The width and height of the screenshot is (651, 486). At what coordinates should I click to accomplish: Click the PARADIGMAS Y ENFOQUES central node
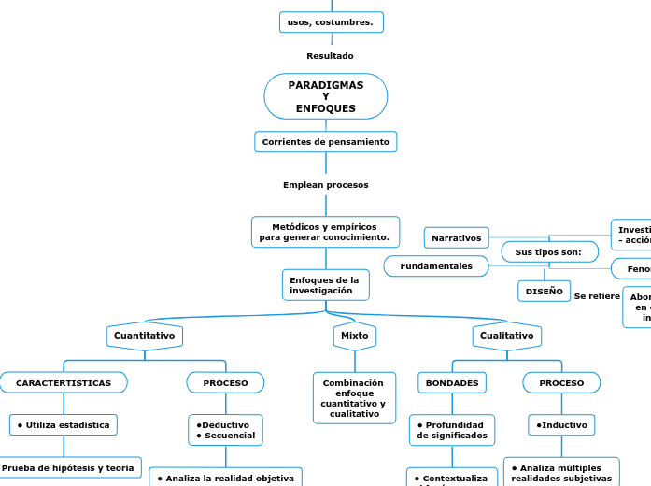[325, 96]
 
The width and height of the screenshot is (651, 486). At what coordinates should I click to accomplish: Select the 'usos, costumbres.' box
[331, 21]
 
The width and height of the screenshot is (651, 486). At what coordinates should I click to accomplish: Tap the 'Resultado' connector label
[330, 56]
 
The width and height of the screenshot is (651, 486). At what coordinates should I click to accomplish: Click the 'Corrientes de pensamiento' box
[325, 142]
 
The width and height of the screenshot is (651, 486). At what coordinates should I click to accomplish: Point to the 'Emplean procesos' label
[325, 185]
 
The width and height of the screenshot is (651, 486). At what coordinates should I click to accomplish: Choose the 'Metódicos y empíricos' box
[325, 232]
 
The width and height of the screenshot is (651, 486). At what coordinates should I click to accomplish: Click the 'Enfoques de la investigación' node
[324, 285]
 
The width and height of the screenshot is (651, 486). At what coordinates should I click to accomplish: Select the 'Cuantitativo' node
[144, 336]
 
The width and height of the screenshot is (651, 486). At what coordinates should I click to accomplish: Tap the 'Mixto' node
[354, 336]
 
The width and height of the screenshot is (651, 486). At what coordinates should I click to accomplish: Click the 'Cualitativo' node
[506, 336]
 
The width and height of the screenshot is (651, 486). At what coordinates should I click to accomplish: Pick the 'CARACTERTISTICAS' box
[64, 383]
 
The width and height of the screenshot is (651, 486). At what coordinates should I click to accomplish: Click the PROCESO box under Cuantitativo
[225, 383]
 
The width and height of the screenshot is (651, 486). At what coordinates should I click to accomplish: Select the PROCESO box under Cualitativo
[561, 383]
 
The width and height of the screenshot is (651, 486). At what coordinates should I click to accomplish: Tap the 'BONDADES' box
[452, 383]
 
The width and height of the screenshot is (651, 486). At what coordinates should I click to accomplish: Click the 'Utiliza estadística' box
[63, 425]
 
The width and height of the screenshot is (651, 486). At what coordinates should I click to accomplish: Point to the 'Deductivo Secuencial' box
[224, 430]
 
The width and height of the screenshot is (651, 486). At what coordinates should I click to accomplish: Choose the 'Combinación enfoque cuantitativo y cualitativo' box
[353, 398]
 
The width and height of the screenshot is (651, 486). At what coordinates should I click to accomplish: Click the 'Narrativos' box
[456, 238]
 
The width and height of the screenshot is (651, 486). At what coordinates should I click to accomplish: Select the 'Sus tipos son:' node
[548, 252]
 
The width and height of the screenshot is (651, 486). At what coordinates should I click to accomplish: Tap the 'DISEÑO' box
[544, 292]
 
